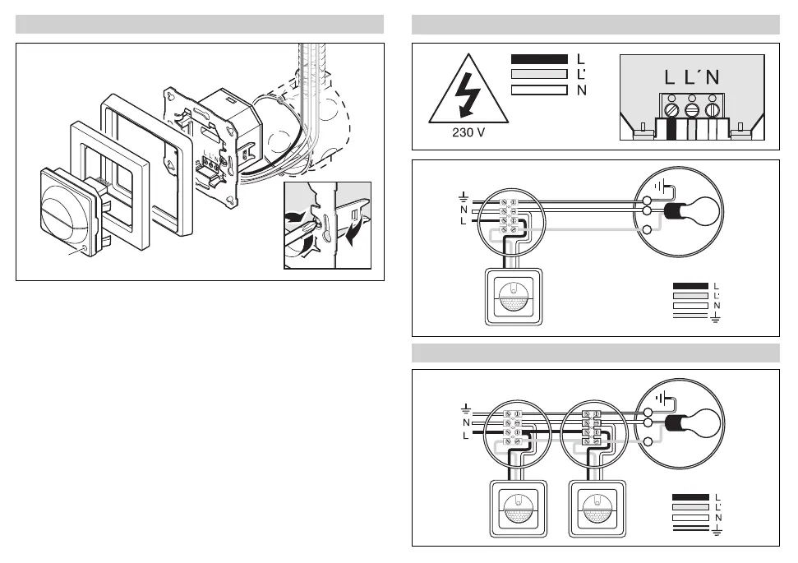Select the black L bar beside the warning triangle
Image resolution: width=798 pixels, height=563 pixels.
tap(539, 59)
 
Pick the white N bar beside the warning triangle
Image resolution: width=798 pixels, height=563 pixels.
tap(539, 90)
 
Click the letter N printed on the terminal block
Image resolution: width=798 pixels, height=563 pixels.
tap(712, 78)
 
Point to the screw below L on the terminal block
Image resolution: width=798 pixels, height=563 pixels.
tap(671, 108)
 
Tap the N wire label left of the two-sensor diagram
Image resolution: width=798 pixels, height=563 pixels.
tap(467, 422)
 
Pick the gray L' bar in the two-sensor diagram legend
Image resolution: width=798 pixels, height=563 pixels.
tap(690, 507)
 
